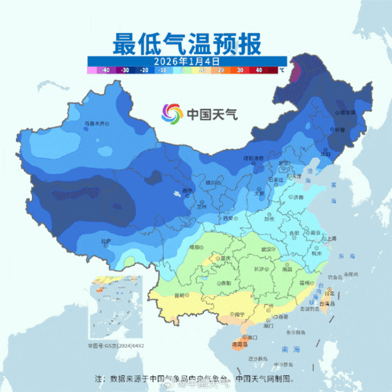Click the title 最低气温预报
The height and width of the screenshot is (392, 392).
(x=187, y=43)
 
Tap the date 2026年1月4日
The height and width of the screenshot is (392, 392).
(x=187, y=61)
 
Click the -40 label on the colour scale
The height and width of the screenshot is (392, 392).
(x=106, y=70)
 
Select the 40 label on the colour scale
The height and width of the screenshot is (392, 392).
(x=258, y=70)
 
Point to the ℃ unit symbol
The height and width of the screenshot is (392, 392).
(x=282, y=70)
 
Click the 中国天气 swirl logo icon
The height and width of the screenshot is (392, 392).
(x=172, y=113)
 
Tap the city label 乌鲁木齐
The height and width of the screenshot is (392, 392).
(x=94, y=123)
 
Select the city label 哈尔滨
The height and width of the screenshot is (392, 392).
(x=347, y=113)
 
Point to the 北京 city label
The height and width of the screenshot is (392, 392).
(x=283, y=164)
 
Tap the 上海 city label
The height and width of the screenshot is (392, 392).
(x=331, y=238)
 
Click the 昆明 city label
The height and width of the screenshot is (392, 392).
(x=179, y=295)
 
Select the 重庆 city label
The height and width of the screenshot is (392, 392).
(x=225, y=258)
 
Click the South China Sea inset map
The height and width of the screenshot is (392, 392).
(x=116, y=309)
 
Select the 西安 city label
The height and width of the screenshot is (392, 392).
(x=228, y=218)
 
